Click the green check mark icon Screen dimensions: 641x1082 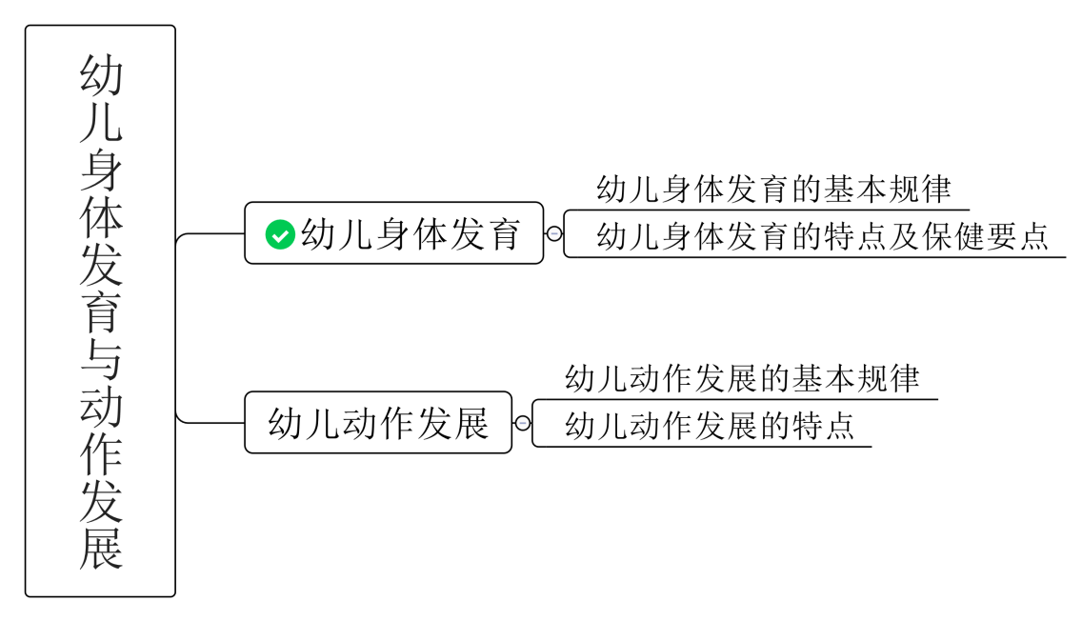pyautogui.click(x=280, y=233)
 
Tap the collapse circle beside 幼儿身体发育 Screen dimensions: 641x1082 pyautogui.click(x=554, y=233)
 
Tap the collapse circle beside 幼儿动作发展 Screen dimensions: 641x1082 pyautogui.click(x=522, y=423)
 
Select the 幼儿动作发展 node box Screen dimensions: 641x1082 pyautogui.click(x=378, y=423)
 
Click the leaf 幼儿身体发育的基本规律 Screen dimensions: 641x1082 pyautogui.click(x=773, y=190)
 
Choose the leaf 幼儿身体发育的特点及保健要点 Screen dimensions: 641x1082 pyautogui.click(x=822, y=236)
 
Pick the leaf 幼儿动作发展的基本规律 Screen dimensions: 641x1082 pyautogui.click(x=742, y=379)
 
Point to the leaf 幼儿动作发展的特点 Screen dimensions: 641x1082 pyautogui.click(x=710, y=425)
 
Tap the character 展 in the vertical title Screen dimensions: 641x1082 pyautogui.click(x=101, y=548)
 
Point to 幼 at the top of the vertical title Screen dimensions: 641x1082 pyautogui.click(x=101, y=75)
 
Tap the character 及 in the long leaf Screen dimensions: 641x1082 pyautogui.click(x=904, y=236)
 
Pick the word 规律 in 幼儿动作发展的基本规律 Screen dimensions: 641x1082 pyautogui.click(x=887, y=379)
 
